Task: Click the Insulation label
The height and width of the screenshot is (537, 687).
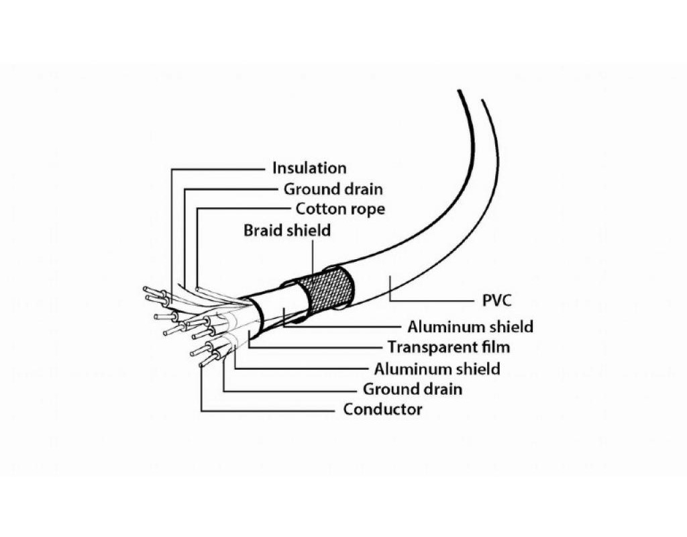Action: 309,168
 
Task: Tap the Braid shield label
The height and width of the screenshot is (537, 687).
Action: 287,230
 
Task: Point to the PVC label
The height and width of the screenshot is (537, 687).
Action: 497,300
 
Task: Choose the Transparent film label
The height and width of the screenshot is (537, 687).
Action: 448,347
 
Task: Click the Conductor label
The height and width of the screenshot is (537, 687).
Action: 382,409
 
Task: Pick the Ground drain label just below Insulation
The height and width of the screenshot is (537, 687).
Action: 333,189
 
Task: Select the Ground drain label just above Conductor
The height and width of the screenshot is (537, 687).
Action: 412,389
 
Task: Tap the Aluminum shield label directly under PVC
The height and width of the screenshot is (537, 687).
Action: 470,327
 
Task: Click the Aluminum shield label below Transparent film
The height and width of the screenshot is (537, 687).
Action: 437,368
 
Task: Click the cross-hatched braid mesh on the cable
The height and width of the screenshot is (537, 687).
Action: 327,289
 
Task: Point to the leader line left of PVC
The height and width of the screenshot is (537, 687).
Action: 429,299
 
